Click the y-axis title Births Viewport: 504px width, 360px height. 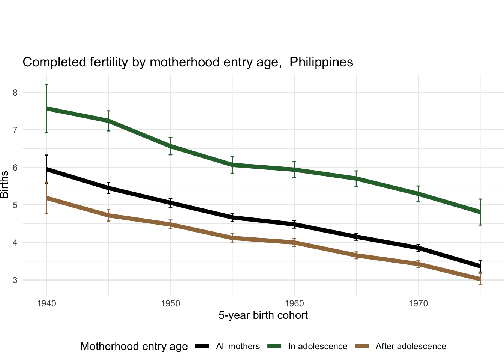pos(4,184)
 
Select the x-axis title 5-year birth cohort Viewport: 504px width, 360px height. pos(263,315)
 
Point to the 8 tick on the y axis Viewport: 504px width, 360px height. pos(15,92)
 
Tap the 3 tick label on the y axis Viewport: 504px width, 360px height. pos(15,280)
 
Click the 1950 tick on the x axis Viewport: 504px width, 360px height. pos(170,303)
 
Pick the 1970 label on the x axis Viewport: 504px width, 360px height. pos(418,303)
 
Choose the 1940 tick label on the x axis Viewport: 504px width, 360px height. pos(46,303)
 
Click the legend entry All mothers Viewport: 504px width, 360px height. pos(238,346)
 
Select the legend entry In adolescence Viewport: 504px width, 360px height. pos(318,346)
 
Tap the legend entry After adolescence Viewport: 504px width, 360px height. pos(411,346)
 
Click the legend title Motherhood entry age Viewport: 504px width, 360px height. pos(134,346)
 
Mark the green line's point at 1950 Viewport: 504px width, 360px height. pos(170,146)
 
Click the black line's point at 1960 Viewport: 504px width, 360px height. pos(294,224)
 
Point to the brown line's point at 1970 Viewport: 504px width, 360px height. pos(418,264)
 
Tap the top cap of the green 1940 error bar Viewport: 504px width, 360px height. pos(46,85)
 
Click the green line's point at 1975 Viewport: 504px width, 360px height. pos(480,212)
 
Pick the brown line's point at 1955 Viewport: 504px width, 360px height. pos(232,238)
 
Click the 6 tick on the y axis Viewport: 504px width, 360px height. pos(15,167)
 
